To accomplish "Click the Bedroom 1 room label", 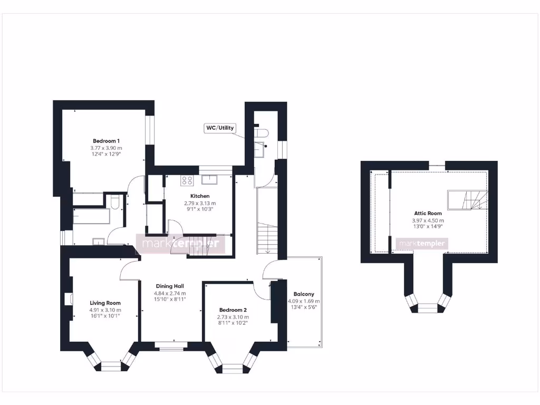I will tap(106, 141).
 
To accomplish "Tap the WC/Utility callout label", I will tap(220, 128).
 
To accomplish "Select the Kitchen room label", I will tap(200, 196).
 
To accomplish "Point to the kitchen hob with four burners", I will tap(187, 180).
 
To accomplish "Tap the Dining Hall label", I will tap(170, 286).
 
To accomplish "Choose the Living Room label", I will tap(105, 303).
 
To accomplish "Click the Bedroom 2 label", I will tap(233, 310).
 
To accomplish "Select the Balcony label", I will tap(304, 294).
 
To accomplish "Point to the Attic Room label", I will tap(428, 214).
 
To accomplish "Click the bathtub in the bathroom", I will tap(92, 216).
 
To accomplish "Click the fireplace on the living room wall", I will tap(68, 299).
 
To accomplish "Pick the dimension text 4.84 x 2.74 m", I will tap(170, 293).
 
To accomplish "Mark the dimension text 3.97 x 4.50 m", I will tap(428, 220).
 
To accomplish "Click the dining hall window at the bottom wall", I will tap(171, 346).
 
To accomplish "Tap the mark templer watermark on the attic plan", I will tap(422, 244).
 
